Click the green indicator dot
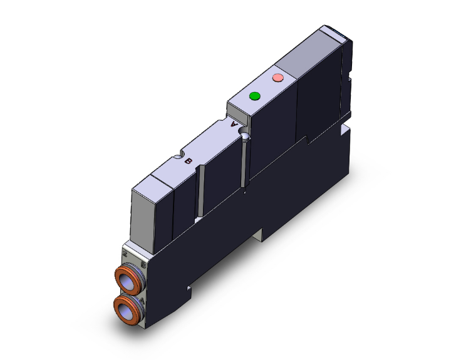tap(254, 96)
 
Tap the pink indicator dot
tap(278, 78)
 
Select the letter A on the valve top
tap(236, 125)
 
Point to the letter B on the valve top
tap(189, 161)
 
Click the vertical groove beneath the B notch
tap(200, 194)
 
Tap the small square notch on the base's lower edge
tap(188, 289)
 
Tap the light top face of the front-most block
tap(150, 181)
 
